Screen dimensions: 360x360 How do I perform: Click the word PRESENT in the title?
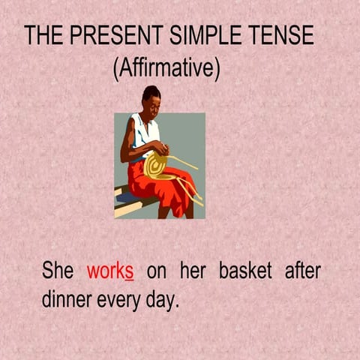(108, 35)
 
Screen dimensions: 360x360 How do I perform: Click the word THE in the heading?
(44, 35)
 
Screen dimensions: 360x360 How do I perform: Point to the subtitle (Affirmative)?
(166, 69)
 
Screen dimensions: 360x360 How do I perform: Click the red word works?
(110, 270)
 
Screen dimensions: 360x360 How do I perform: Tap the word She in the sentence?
(58, 270)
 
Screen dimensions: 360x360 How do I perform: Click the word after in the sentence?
(302, 270)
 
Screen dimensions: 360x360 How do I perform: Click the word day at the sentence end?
(164, 300)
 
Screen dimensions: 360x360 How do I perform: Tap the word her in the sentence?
(193, 270)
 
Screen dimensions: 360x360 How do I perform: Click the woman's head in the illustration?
(151, 97)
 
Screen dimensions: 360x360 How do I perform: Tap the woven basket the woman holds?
(157, 165)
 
